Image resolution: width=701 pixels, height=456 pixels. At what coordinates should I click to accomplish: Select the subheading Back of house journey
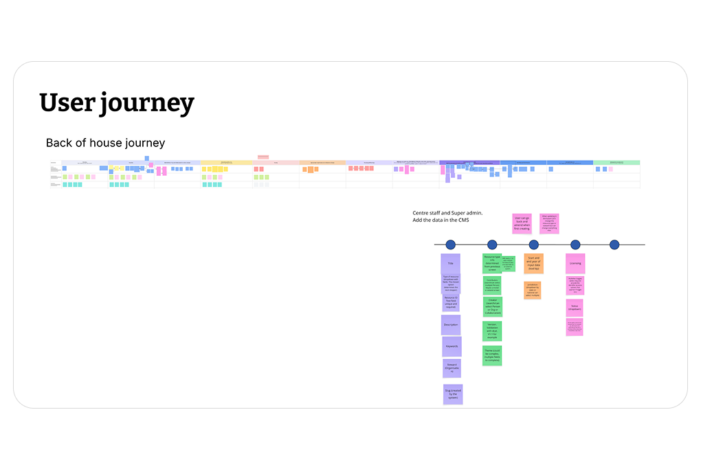[x=105, y=143]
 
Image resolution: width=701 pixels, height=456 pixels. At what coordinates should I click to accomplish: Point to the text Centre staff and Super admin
[x=447, y=214]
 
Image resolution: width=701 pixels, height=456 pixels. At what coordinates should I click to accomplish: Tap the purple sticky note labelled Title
[x=450, y=264]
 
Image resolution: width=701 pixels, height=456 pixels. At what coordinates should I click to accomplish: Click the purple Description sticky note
[x=450, y=325]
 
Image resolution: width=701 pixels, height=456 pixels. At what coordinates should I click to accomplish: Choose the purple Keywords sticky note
[x=451, y=346]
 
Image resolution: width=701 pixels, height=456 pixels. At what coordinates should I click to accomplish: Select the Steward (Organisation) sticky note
[x=452, y=368]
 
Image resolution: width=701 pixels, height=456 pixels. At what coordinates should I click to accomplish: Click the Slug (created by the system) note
[x=452, y=394]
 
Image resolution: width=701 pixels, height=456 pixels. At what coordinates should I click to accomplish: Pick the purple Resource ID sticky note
[x=451, y=303]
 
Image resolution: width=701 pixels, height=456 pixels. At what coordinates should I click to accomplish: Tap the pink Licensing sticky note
[x=575, y=264]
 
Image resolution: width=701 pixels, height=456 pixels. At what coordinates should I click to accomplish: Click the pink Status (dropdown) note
[x=575, y=308]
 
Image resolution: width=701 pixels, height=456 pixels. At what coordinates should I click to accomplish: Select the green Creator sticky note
[x=492, y=306]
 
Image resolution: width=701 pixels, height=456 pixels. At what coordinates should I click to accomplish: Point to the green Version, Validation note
[x=492, y=331]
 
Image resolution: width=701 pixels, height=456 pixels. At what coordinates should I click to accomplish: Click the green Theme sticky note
[x=492, y=355]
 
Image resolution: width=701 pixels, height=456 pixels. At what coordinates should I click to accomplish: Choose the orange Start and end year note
[x=533, y=264]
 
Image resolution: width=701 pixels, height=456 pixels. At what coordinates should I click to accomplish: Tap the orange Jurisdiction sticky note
[x=533, y=290]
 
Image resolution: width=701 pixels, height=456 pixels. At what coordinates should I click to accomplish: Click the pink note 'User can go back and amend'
[x=522, y=224]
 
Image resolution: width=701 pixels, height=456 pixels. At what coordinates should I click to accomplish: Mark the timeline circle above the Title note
[x=451, y=244]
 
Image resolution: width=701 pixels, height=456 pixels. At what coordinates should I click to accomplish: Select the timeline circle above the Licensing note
[x=575, y=244]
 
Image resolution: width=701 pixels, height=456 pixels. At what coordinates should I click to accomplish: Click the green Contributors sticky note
[x=492, y=284]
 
